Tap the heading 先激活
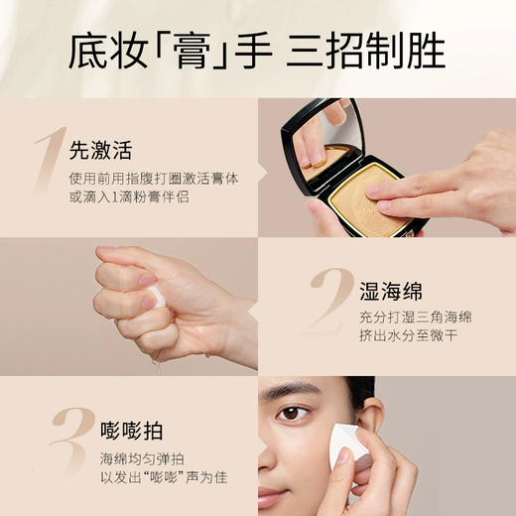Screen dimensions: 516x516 click(x=100, y=152)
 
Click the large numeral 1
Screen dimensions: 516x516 click(x=48, y=159)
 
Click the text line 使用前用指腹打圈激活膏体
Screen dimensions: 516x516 click(x=154, y=180)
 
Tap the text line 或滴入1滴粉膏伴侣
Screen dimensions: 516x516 click(x=129, y=199)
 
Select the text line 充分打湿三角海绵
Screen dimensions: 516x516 click(x=415, y=319)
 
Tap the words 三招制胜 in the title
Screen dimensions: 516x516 click(x=365, y=51)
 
